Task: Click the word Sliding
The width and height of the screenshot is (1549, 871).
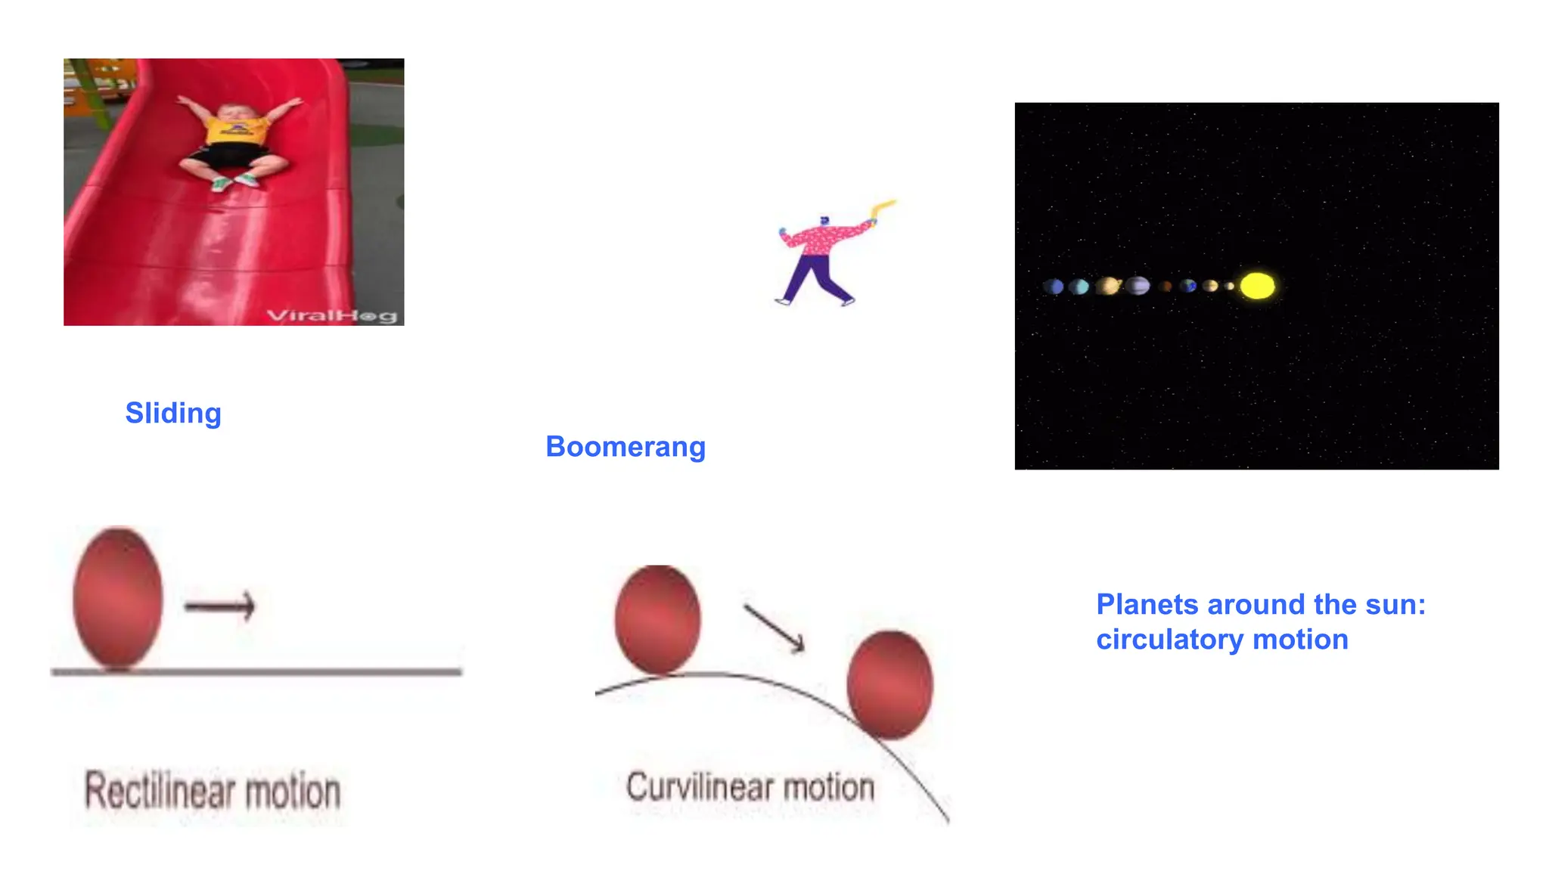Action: [x=173, y=414]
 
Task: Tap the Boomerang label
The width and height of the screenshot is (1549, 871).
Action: [x=625, y=447]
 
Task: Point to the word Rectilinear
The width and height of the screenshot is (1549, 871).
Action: [x=159, y=791]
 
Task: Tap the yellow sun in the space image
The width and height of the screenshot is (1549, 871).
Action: [x=1257, y=286]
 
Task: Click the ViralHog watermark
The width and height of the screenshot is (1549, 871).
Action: [x=332, y=315]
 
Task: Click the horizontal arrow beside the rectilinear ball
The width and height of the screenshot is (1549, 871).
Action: [x=220, y=605]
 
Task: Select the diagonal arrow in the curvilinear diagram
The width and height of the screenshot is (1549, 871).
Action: [x=774, y=628]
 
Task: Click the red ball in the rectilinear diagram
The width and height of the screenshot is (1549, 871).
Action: [x=118, y=598]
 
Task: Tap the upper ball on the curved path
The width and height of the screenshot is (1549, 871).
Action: [x=657, y=619]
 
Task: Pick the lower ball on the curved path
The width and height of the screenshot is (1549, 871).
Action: [x=889, y=684]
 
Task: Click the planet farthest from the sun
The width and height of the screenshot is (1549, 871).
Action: [x=1054, y=287]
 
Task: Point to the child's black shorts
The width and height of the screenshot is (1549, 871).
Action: [x=230, y=157]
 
